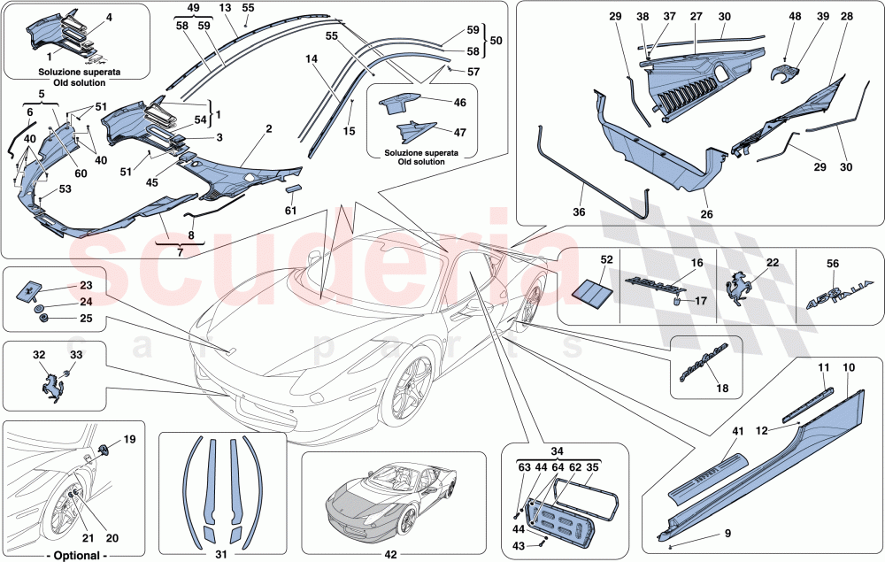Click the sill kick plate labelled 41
(705, 468)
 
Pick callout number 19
(130, 438)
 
